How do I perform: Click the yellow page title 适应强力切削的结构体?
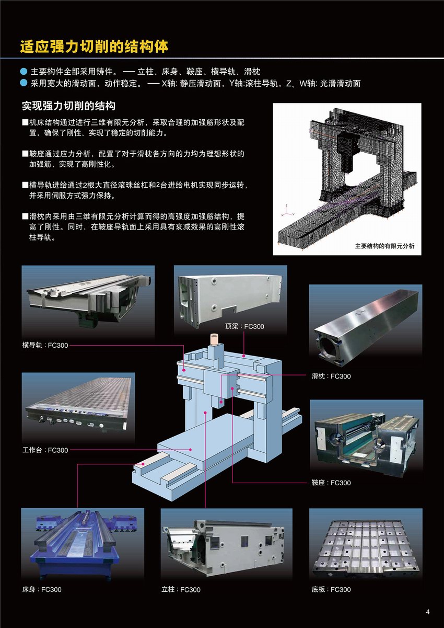tap(94, 47)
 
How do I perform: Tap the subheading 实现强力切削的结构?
tap(68, 106)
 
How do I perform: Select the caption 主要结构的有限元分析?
tap(384, 246)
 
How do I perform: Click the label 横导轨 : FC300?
tap(45, 345)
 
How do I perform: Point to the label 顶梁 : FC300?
tap(244, 326)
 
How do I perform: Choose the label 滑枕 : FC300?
tap(331, 376)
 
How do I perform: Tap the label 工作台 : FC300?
tap(45, 450)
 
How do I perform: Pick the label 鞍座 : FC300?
tap(331, 483)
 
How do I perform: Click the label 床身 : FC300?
tap(42, 589)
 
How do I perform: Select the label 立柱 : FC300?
tap(181, 589)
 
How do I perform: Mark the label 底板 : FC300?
tap(331, 589)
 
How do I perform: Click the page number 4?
tap(427, 612)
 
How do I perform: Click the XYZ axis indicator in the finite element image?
tap(287, 211)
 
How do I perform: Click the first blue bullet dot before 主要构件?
tap(24, 71)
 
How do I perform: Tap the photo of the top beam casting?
tap(230, 300)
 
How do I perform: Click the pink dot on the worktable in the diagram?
tap(191, 449)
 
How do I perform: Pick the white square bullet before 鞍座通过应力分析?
tap(25, 154)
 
